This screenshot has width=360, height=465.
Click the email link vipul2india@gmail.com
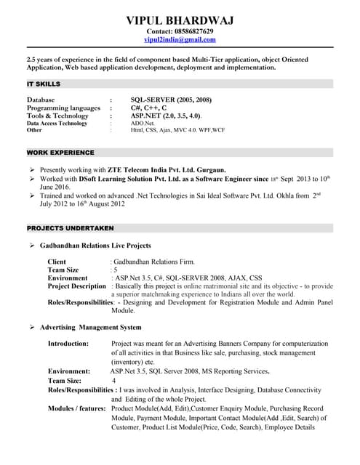coord(180,42)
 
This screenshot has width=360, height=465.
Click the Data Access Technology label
coord(57,123)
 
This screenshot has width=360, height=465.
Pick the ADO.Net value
coord(143,123)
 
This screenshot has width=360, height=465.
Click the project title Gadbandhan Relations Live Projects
coord(95,246)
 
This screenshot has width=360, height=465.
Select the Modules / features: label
coord(76,408)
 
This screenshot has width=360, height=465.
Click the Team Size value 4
coord(113,380)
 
